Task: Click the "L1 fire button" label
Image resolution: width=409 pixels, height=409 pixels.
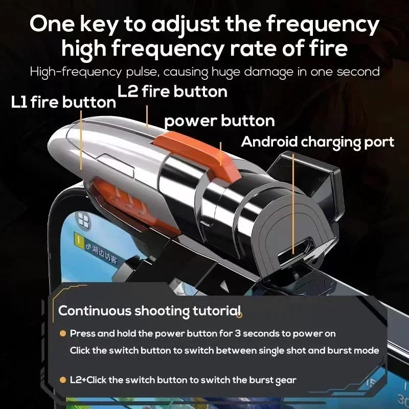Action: [x=64, y=102]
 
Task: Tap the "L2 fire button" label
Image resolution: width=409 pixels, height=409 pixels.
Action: [x=172, y=92]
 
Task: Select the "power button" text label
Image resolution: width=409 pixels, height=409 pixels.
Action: [x=219, y=121]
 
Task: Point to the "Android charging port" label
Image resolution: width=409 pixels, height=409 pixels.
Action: [x=317, y=142]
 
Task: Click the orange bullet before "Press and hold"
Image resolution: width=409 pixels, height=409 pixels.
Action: [x=62, y=334]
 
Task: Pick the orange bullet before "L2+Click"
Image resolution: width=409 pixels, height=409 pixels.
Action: [x=62, y=380]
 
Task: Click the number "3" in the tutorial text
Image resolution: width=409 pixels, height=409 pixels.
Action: [x=237, y=333]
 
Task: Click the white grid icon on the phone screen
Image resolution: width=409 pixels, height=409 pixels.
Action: [x=82, y=221]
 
